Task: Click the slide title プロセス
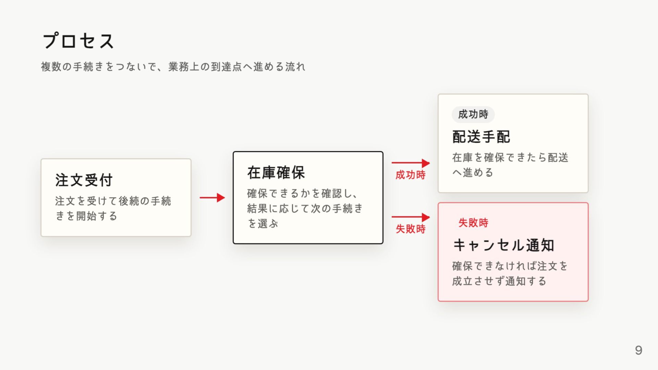[78, 41]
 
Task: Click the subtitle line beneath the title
[173, 66]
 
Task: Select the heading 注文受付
[84, 180]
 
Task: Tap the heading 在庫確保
[276, 173]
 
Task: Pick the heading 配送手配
[481, 137]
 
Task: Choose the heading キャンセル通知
[503, 245]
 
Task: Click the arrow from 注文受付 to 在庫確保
[212, 198]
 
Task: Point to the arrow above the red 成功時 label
[411, 163]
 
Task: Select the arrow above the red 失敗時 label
[411, 217]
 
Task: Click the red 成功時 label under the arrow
[411, 175]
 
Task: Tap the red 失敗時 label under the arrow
[411, 229]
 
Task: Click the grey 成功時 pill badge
[473, 114]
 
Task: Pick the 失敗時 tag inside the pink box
[473, 223]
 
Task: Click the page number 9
[638, 350]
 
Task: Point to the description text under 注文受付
[113, 208]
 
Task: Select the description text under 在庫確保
[305, 208]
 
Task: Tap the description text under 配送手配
[510, 165]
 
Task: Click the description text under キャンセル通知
[510, 273]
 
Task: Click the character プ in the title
[51, 41]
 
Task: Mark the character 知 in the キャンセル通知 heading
[547, 245]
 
